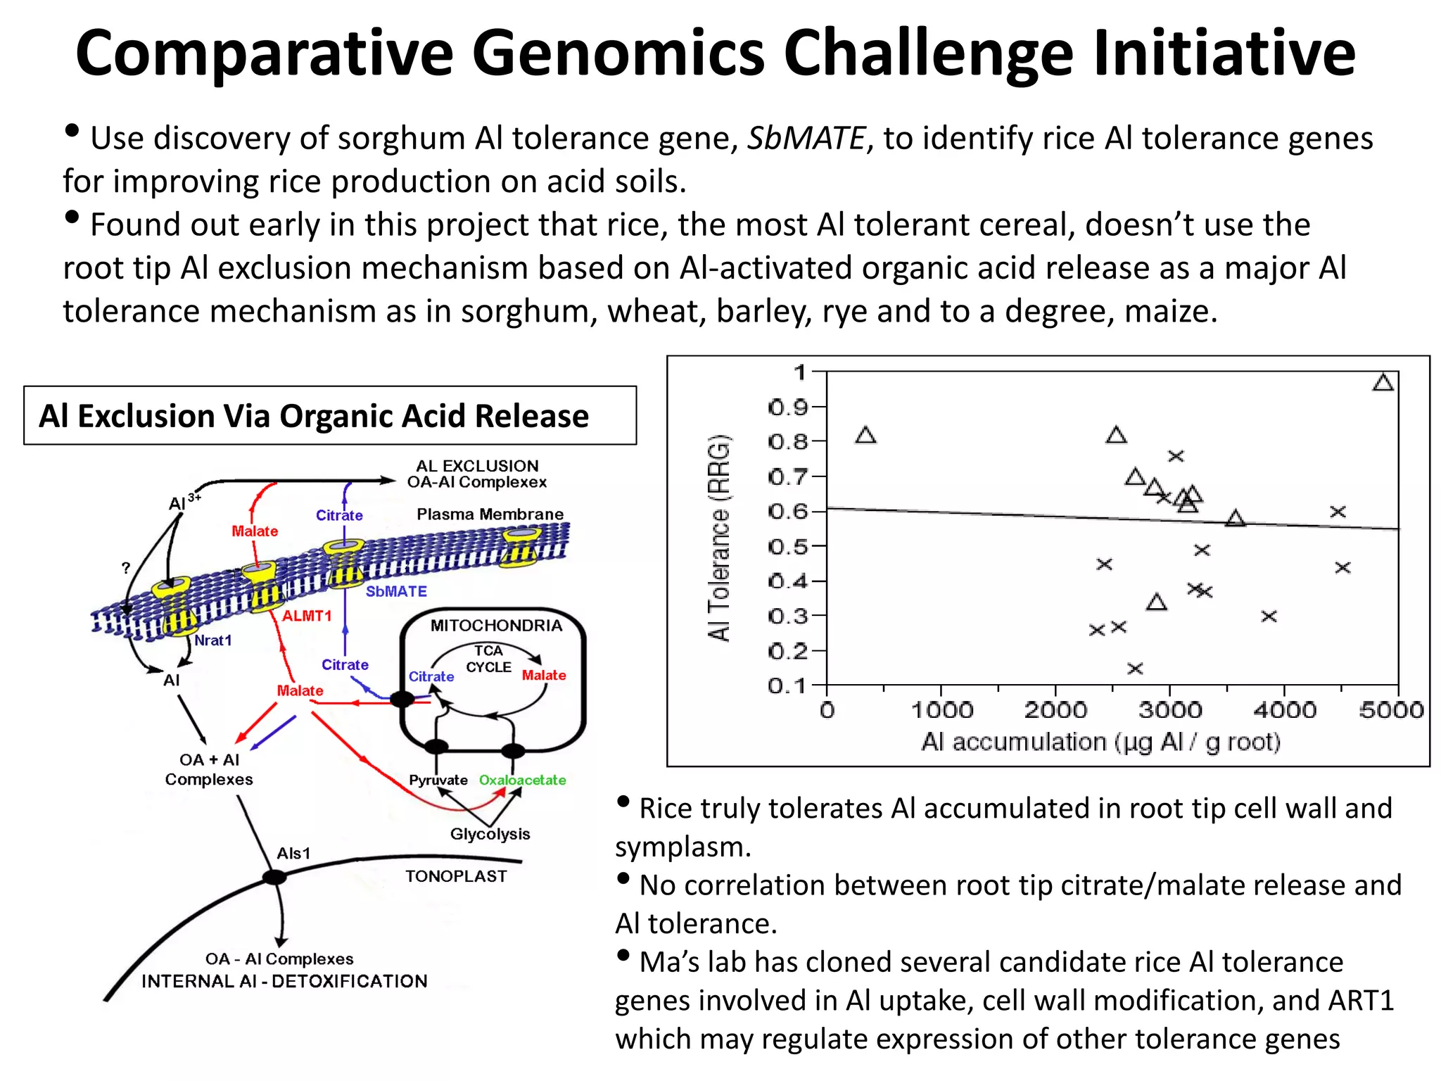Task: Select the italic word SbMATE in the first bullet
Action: pos(805,138)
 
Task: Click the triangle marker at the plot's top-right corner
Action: pos(1383,383)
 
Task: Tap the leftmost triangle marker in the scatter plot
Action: pos(865,436)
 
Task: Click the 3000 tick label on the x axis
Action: pos(1169,709)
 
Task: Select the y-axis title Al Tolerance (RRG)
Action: pos(719,538)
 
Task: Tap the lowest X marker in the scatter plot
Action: pos(1134,669)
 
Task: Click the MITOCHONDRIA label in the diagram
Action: pos(496,626)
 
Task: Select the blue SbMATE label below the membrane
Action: pos(396,591)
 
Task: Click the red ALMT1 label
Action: pos(307,616)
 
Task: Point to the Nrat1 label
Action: pos(213,640)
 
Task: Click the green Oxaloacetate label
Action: pos(522,780)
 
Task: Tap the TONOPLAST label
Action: pos(456,876)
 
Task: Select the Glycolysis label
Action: pos(490,834)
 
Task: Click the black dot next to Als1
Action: pos(274,877)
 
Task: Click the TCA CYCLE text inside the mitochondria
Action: pos(488,659)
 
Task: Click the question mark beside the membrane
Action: pos(125,567)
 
